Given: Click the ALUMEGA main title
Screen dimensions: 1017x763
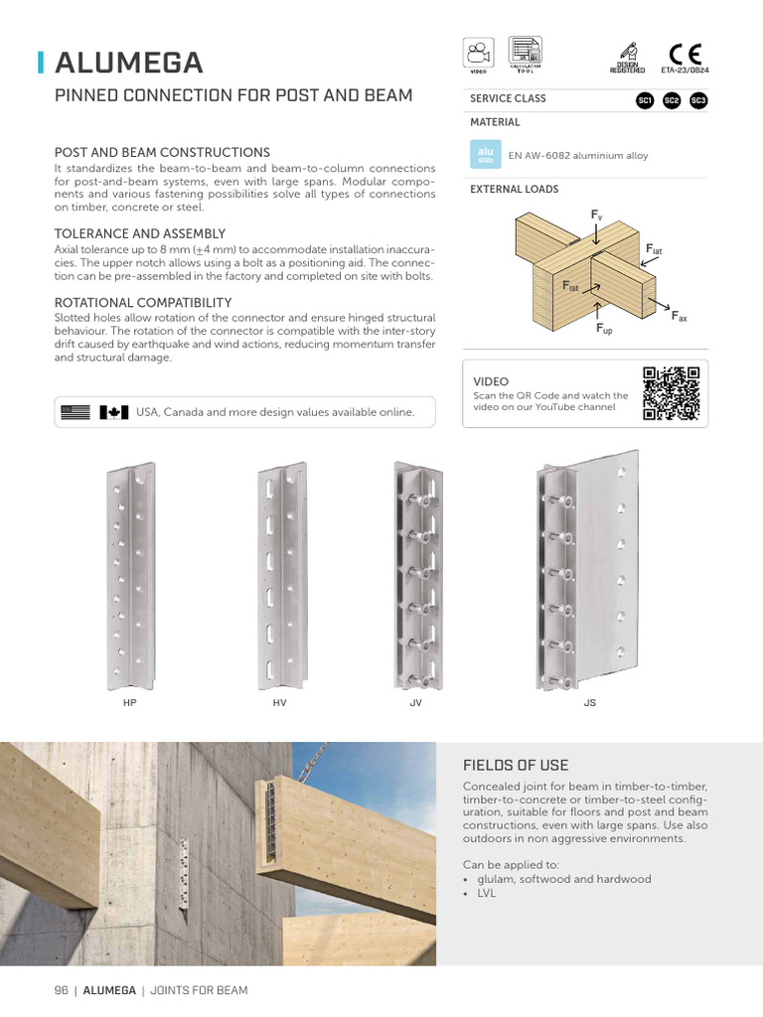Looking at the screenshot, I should pyautogui.click(x=129, y=63).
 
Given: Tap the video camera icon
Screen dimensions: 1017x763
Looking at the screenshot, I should pyautogui.click(x=479, y=53).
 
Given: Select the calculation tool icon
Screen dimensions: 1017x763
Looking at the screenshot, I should pyautogui.click(x=526, y=53).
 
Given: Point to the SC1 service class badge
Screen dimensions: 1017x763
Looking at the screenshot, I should pyautogui.click(x=645, y=100).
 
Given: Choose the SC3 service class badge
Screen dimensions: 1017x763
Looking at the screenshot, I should pyautogui.click(x=697, y=100).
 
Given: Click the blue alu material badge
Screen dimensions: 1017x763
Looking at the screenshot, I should pyautogui.click(x=486, y=154).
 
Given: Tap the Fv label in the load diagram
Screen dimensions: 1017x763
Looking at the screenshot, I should pyautogui.click(x=596, y=216).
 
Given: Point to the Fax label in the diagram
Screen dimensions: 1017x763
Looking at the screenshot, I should pyautogui.click(x=680, y=317).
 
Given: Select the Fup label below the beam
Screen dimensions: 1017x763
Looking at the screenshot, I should pyautogui.click(x=604, y=329).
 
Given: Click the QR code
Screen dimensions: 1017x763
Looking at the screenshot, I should pyautogui.click(x=672, y=393).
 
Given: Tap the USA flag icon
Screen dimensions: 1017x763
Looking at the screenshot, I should pyautogui.click(x=76, y=412).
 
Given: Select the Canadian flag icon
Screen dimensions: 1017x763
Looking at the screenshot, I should pyautogui.click(x=114, y=412).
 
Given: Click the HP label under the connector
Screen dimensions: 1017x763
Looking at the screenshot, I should pyautogui.click(x=129, y=702).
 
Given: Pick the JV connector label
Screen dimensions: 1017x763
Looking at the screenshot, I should pyautogui.click(x=416, y=702).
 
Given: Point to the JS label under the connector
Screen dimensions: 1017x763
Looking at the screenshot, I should pyautogui.click(x=589, y=702).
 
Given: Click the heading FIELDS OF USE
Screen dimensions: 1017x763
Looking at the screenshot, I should pyautogui.click(x=516, y=765).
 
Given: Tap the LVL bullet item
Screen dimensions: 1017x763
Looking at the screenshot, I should pyautogui.click(x=486, y=893).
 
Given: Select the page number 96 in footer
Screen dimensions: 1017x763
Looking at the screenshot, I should pyautogui.click(x=61, y=990).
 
